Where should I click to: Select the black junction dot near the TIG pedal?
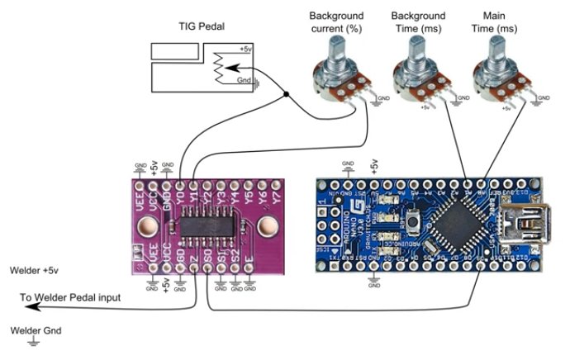pos(287,96)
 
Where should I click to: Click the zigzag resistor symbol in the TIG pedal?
pos(220,69)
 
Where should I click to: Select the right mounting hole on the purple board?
pos(268,225)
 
